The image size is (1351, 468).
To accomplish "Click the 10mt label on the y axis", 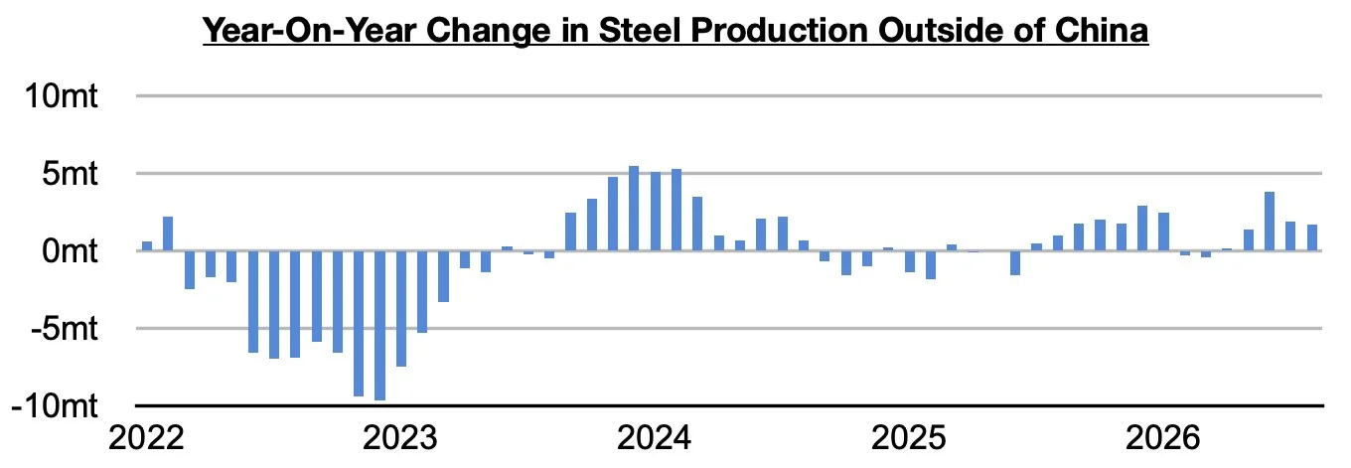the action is [61, 96].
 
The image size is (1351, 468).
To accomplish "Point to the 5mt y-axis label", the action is [70, 174].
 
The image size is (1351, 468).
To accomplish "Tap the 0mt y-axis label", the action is [70, 250].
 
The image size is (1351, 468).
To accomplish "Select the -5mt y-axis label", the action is [65, 329].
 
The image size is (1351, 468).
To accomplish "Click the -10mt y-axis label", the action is [55, 405].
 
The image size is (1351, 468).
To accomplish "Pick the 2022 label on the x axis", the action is [146, 438].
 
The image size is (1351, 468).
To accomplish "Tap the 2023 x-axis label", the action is [400, 438].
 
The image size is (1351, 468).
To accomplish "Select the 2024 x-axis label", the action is [654, 438].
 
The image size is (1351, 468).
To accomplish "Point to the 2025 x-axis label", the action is [908, 438].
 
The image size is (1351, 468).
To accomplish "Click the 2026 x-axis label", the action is [1163, 438].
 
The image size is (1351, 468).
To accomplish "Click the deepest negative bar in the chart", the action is [379, 326].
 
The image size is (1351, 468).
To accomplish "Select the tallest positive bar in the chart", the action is [634, 209].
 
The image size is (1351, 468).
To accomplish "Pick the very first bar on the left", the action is [147, 246].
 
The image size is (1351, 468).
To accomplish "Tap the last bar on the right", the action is [1312, 237].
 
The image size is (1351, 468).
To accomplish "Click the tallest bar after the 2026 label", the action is [1270, 222].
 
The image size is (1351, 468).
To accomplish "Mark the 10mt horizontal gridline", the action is [729, 96].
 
